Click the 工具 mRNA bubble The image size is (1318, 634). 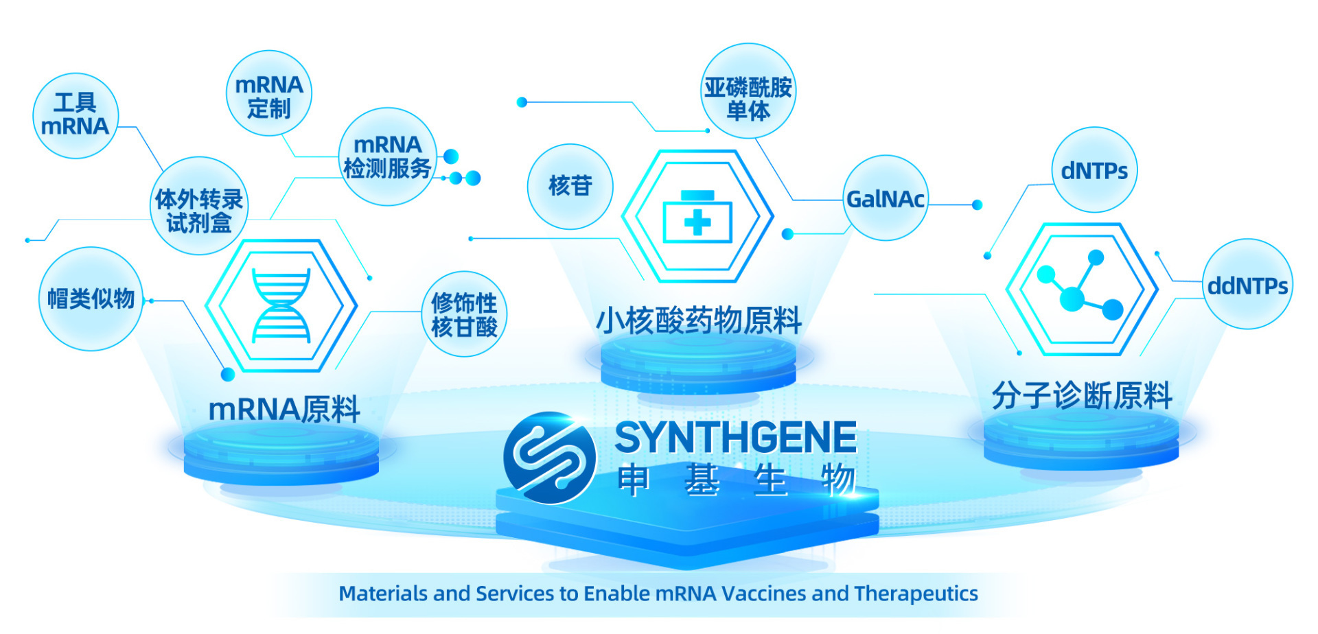pyautogui.click(x=76, y=115)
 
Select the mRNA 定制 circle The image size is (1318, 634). pyautogui.click(x=268, y=93)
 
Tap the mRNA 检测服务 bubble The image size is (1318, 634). pyautogui.click(x=388, y=156)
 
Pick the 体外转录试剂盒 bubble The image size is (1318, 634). pyautogui.click(x=199, y=206)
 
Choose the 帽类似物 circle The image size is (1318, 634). pyautogui.click(x=91, y=298)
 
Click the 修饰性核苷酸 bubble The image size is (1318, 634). pyautogui.click(x=464, y=314)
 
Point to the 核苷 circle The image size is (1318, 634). pyautogui.click(x=570, y=186)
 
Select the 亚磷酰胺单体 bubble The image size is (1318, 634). pyautogui.click(x=748, y=91)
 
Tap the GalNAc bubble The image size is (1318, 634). pyautogui.click(x=886, y=198)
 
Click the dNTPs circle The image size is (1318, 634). pyautogui.click(x=1094, y=169)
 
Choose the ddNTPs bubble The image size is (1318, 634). pyautogui.click(x=1247, y=284)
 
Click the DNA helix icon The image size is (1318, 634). pyautogui.click(x=281, y=305)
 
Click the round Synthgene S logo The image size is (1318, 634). pyautogui.click(x=549, y=458)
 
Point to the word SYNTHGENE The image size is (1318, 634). pyautogui.click(x=736, y=438)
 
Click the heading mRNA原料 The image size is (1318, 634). pyautogui.click(x=284, y=410)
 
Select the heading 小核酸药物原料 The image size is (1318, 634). pyautogui.click(x=699, y=320)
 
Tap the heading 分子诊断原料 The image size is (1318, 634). pyautogui.click(x=1083, y=396)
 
